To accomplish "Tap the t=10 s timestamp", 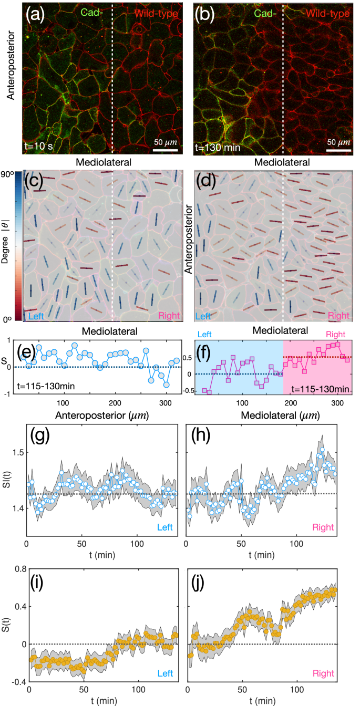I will [39, 147].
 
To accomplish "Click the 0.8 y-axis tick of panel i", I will [17, 568].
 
